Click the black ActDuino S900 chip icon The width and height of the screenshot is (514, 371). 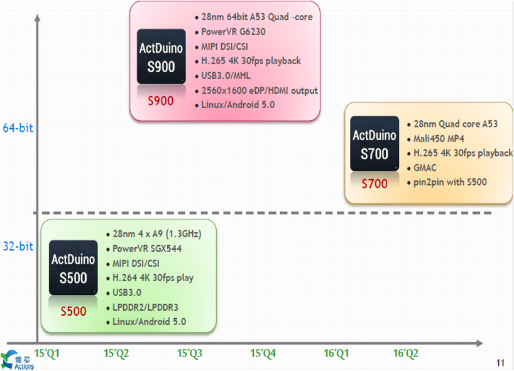161,57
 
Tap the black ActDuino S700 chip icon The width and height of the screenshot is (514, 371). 375,143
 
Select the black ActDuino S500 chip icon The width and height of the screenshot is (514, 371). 74,268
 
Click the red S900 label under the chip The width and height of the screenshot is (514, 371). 161,101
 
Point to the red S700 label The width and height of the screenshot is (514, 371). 375,184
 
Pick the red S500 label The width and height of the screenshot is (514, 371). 74,311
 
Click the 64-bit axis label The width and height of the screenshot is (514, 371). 18,128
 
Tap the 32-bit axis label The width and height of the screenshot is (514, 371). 18,246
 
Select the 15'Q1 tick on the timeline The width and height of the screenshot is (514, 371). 47,353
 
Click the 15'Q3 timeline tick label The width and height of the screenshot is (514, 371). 190,353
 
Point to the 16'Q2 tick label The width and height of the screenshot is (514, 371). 406,353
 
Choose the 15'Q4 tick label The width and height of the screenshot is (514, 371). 263,353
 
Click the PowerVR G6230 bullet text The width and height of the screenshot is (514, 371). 233,32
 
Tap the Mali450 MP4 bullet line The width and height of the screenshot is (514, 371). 439,139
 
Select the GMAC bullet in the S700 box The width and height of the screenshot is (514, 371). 425,168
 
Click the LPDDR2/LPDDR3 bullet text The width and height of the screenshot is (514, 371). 145,307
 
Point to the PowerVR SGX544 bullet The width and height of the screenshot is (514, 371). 147,248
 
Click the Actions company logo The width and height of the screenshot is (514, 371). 17,360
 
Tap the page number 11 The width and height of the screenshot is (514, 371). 500,363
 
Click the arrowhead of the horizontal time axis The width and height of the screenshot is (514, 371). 479,343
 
